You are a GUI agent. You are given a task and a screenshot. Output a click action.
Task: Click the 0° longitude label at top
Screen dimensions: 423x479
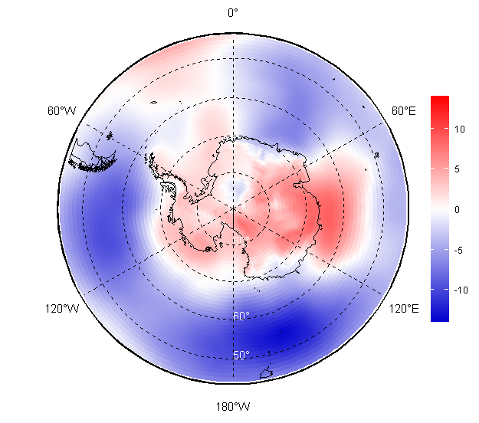coord(233,12)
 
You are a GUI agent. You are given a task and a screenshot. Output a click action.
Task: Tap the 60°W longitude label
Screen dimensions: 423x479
coord(61,111)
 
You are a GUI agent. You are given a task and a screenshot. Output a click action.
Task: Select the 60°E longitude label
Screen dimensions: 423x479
coord(404,111)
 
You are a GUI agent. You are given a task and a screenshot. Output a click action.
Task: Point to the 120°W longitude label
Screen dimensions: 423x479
coord(61,309)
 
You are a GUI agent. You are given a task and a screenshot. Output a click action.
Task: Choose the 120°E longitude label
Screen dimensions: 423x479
coord(404,309)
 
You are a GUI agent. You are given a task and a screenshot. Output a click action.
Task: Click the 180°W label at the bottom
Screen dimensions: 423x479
coord(233,406)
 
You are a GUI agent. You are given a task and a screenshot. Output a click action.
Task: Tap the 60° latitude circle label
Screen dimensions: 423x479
coord(241,316)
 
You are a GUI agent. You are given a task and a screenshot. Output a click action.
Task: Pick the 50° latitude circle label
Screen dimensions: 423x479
coord(241,355)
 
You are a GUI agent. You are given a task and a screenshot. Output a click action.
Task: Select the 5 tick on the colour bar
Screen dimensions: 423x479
coord(458,169)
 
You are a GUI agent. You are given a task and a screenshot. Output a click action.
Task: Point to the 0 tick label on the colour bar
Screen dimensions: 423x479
coord(458,209)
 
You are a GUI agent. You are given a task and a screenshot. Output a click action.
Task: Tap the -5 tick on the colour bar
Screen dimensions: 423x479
coord(459,250)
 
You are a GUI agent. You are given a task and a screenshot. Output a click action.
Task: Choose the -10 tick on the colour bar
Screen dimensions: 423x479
coord(461,290)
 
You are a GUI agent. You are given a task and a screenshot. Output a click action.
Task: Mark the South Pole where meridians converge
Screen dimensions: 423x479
coord(233,207)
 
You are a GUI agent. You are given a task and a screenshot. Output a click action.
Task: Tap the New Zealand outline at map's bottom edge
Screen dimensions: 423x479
coord(267,373)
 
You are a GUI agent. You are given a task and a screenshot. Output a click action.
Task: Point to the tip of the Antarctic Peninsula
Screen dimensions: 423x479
coord(153,159)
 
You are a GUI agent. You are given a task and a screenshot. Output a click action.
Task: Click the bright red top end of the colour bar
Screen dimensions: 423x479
coord(439,100)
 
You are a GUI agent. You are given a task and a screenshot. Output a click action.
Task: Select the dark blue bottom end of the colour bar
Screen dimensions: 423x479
coord(439,316)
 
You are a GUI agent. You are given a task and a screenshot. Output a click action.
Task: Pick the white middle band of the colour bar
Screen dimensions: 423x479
coord(439,208)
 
